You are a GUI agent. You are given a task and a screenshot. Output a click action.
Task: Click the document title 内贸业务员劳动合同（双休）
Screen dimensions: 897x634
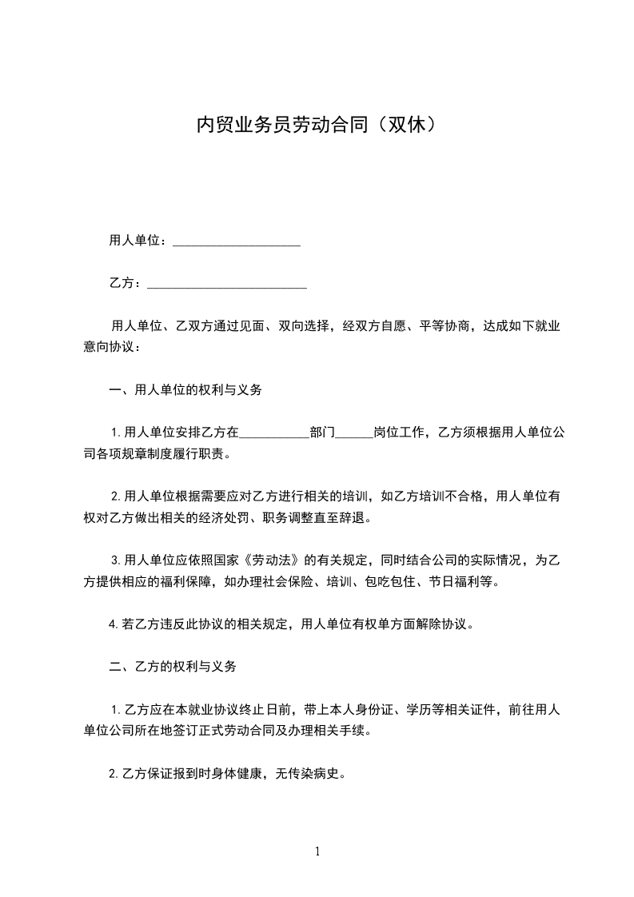(x=317, y=126)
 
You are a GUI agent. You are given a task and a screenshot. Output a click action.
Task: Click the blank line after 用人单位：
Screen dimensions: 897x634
(x=236, y=241)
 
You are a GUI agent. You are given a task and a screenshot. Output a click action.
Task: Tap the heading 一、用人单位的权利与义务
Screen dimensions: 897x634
(x=185, y=391)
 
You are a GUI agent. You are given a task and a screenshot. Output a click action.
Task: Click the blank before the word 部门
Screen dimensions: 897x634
(x=274, y=434)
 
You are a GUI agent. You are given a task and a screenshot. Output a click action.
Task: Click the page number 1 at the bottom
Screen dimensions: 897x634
(x=317, y=851)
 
